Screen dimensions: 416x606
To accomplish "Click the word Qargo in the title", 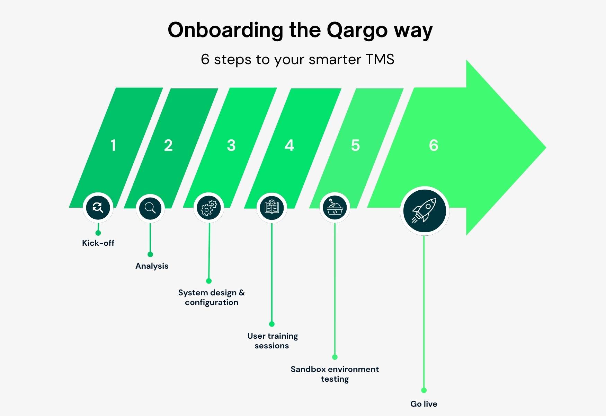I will (357, 31).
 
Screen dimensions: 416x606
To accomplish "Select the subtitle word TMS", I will (380, 59).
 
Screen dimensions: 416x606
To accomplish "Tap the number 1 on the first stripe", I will (113, 145).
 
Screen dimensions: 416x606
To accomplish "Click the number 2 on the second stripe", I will (168, 145).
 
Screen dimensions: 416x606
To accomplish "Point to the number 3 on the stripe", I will (231, 145).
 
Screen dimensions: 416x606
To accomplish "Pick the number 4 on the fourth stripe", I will (289, 145).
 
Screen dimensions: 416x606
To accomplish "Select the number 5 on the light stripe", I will (355, 145).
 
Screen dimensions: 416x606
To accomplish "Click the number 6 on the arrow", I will (434, 145).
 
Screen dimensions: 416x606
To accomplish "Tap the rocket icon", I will (424, 210).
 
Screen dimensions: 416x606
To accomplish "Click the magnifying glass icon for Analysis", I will (150, 208).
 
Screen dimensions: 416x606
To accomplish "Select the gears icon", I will (209, 208).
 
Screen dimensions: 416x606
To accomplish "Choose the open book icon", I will (272, 208).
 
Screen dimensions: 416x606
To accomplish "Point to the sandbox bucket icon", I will (335, 208).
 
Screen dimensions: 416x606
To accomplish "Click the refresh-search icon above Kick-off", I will (98, 208).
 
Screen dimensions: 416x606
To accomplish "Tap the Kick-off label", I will (98, 243).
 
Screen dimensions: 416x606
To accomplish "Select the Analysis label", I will (152, 266).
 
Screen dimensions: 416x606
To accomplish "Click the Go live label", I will (424, 404).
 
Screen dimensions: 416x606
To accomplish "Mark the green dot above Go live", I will (424, 390).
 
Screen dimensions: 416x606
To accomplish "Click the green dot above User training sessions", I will (272, 324).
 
